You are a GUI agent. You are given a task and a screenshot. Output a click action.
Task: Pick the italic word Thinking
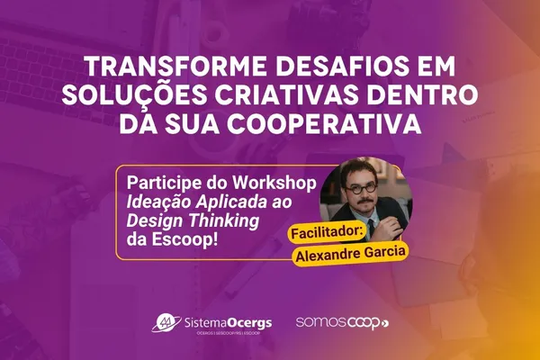[221, 220]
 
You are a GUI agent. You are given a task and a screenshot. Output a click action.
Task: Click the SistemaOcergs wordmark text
[223, 320]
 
